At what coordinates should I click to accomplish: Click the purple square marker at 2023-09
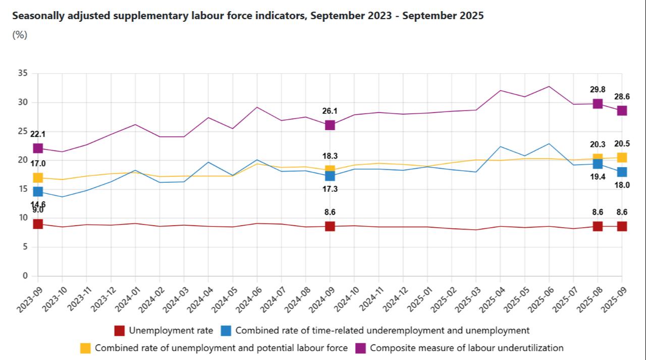tap(38, 148)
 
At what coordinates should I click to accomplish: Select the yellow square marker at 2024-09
tap(330, 170)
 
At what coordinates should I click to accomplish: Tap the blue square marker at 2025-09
tap(622, 172)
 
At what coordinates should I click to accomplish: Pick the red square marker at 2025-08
tap(598, 226)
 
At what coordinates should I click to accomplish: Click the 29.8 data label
tap(598, 89)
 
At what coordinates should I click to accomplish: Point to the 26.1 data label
tap(330, 111)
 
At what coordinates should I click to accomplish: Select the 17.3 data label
tap(330, 189)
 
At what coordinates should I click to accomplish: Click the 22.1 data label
tap(38, 134)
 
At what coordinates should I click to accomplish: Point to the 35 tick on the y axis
tap(23, 73)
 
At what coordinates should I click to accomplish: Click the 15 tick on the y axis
tap(23, 189)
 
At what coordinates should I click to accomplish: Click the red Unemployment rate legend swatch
tap(120, 331)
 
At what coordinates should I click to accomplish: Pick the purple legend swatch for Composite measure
tap(361, 348)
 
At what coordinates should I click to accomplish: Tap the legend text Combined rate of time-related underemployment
tap(382, 331)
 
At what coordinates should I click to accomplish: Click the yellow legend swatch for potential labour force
tap(86, 348)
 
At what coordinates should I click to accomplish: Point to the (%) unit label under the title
tap(20, 35)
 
